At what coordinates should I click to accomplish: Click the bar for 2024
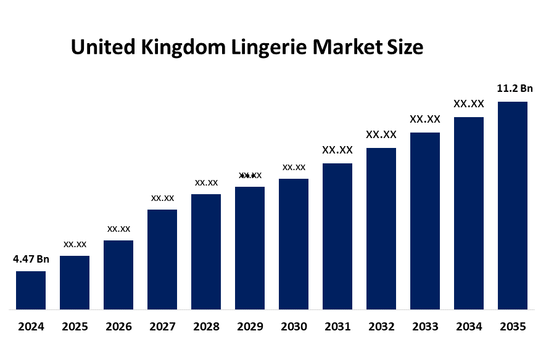point(31,290)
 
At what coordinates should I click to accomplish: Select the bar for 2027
point(162,259)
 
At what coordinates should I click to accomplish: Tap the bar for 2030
point(294,243)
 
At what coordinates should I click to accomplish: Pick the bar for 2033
point(425,221)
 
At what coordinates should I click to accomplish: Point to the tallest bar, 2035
point(513,205)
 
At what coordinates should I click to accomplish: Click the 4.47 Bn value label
point(31,259)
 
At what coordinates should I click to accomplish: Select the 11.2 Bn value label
point(515,89)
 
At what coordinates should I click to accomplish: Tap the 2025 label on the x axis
point(75,327)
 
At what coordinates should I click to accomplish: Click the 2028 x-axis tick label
point(206,327)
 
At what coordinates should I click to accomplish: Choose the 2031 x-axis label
point(337,327)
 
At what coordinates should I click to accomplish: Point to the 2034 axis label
point(469,327)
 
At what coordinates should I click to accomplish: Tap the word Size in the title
point(405,47)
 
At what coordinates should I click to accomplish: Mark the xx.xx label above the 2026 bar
point(118,229)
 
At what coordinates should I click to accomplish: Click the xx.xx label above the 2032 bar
point(381,134)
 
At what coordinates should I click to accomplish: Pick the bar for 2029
point(250,247)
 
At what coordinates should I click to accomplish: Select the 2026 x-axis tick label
point(118,327)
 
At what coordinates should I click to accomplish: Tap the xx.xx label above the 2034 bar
point(469,104)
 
